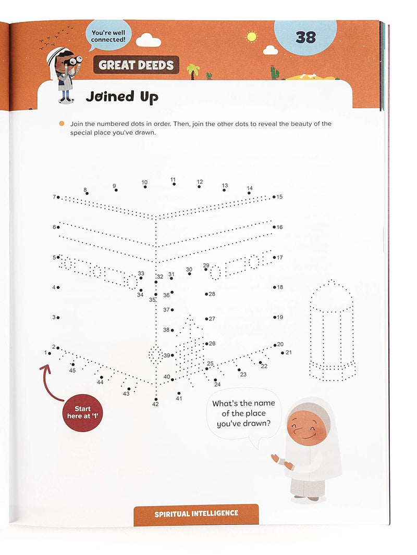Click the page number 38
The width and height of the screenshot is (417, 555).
pos(305,37)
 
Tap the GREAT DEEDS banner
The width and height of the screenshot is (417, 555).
pos(136,65)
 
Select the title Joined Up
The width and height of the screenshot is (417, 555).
pos(121,97)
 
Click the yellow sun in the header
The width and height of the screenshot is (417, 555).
pos(252,37)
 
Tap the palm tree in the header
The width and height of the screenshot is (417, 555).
pos(193,70)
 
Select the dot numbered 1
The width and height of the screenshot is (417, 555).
pos(50,353)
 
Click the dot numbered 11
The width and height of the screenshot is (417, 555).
pos(174,184)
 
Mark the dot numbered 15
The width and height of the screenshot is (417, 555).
pos(274,197)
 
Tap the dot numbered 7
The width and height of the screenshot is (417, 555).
pos(58,197)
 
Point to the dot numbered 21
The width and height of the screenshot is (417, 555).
pos(283,353)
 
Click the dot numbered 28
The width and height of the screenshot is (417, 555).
pos(206,294)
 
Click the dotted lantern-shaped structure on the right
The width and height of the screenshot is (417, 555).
pos(332,331)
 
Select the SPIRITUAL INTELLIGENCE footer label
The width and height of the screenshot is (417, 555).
pos(196,514)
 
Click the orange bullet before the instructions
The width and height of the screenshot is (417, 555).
pos(62,124)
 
